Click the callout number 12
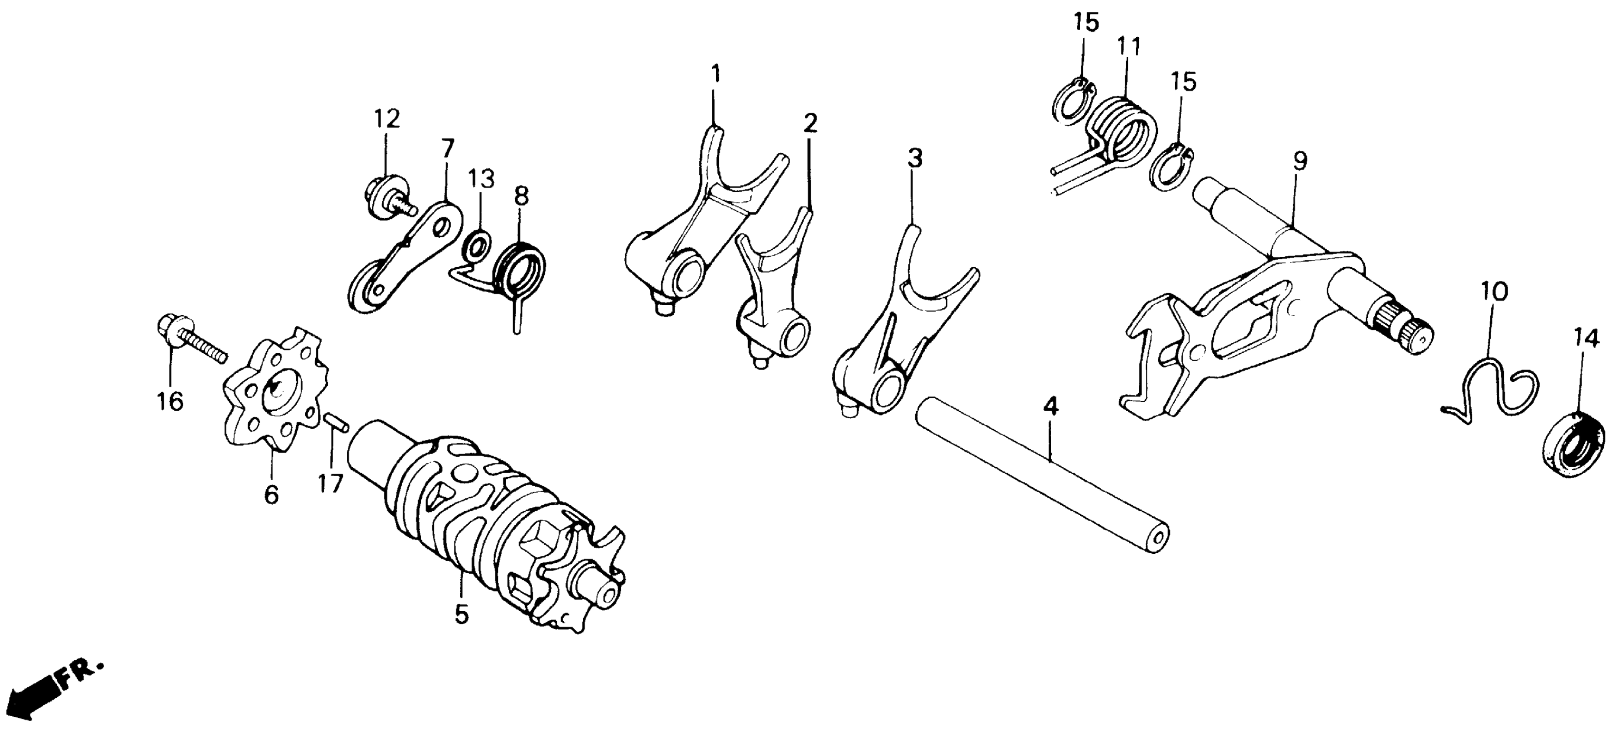[387, 119]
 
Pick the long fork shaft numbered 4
[1041, 477]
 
